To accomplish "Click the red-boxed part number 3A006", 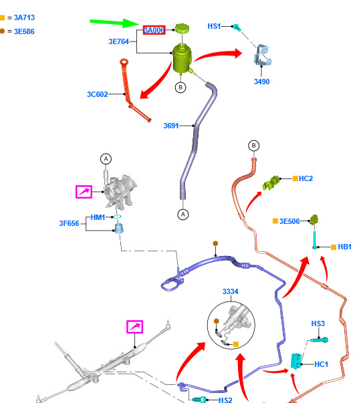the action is [x=154, y=30].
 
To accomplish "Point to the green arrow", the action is [x=114, y=23].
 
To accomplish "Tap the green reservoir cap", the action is [x=182, y=28].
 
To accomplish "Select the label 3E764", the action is [x=118, y=41].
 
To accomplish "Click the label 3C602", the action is [x=97, y=94].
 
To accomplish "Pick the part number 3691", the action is [x=171, y=126].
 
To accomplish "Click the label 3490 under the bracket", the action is [x=262, y=82].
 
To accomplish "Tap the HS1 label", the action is [x=214, y=26].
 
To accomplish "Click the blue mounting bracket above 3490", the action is [x=263, y=55].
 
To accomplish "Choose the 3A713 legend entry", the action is [x=17, y=17].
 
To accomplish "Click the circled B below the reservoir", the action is [x=180, y=88].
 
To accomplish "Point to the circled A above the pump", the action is [x=106, y=159].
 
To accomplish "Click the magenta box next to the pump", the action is [x=84, y=192].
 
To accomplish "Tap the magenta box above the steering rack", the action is [x=135, y=327].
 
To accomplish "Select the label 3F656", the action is [x=69, y=223].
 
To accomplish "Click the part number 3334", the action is [x=231, y=291].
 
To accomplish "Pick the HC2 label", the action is [x=306, y=178].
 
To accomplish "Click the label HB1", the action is [x=344, y=247].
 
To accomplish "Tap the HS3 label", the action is [x=318, y=323].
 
